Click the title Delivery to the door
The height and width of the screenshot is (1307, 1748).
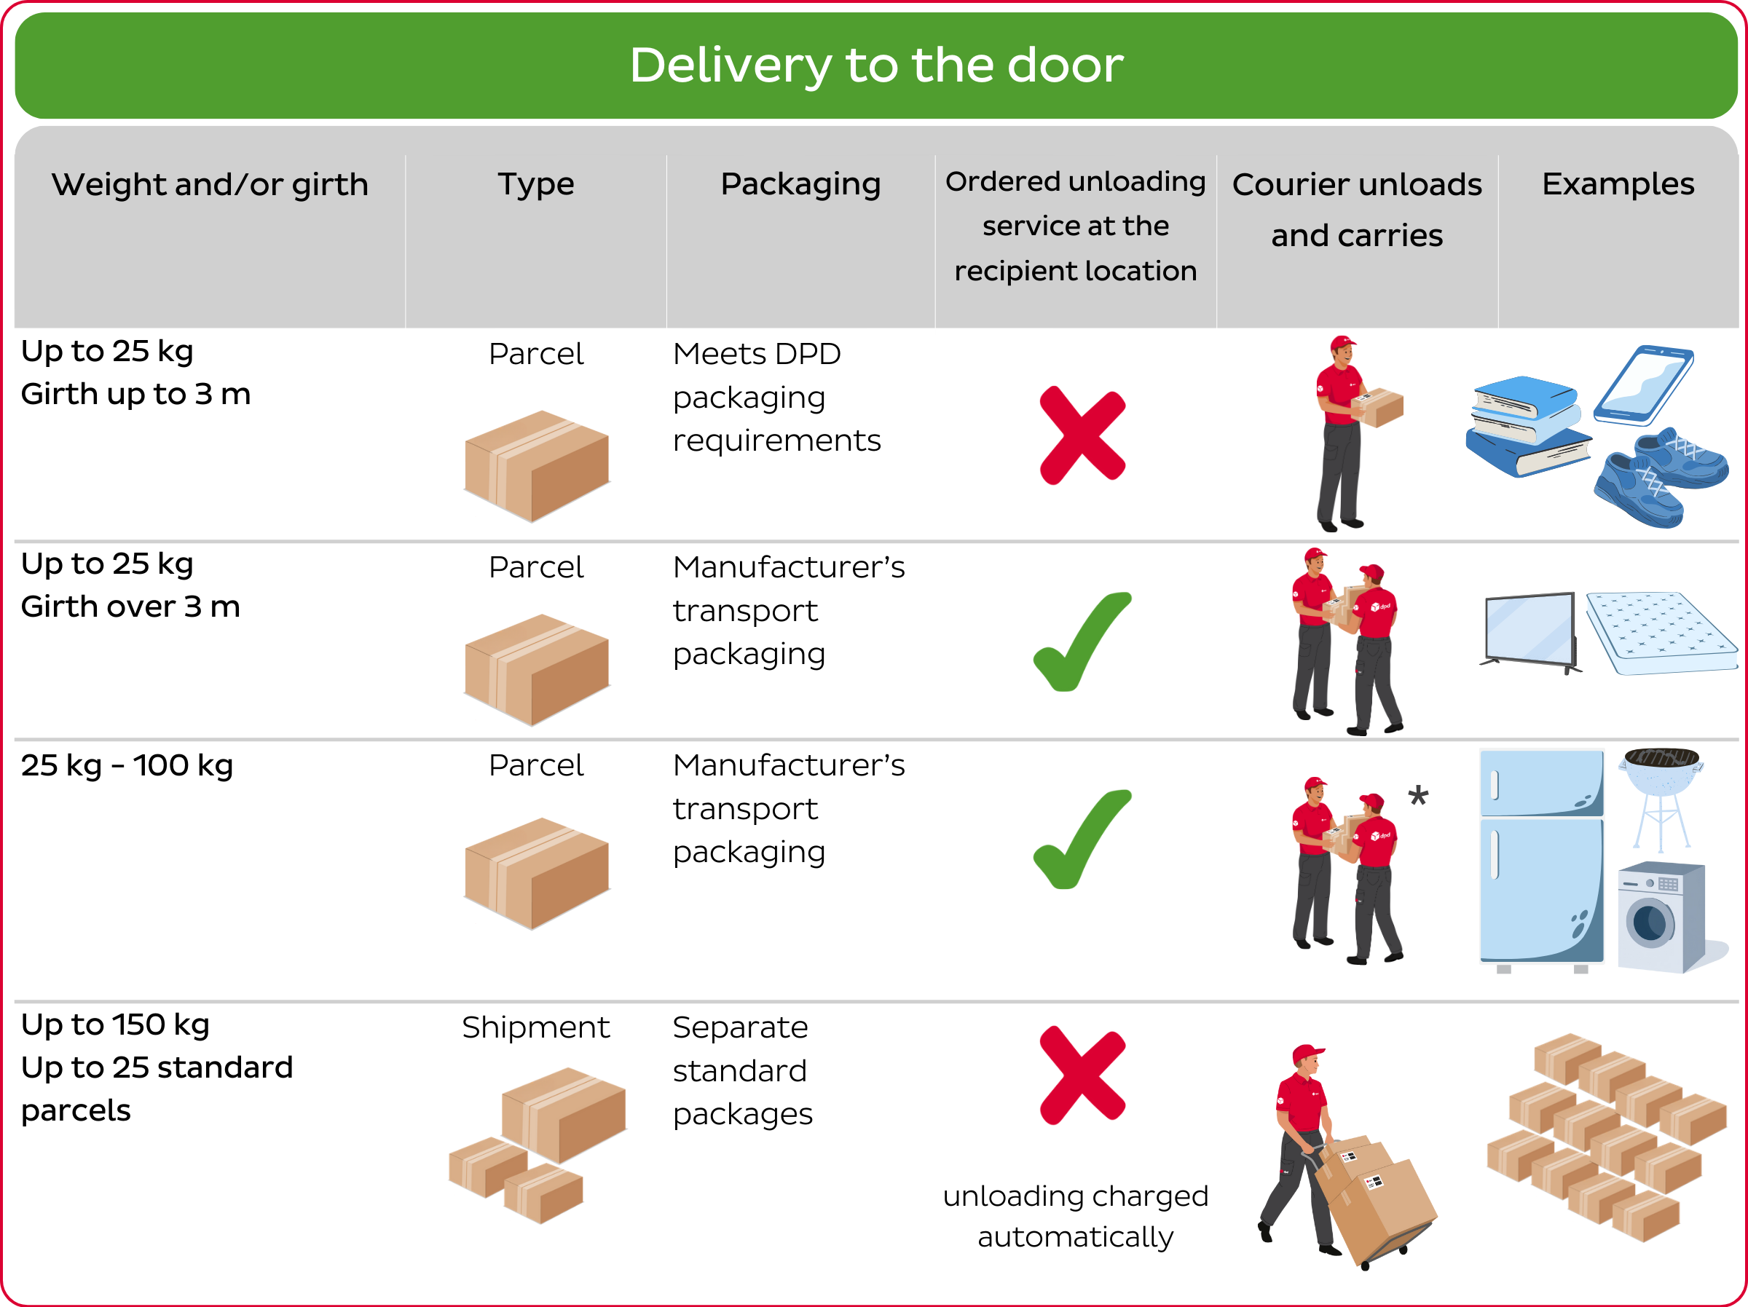pos(875,65)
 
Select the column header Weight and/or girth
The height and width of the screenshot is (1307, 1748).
pos(210,185)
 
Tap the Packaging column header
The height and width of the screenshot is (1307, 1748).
pos(800,184)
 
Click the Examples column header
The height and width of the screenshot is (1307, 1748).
pos(1617,184)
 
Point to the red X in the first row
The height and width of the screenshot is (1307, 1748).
pos(1082,435)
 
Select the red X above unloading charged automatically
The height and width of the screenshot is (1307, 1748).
pos(1082,1075)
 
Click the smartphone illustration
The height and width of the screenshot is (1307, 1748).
pos(1643,385)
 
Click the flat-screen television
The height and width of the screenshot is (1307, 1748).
pos(1530,631)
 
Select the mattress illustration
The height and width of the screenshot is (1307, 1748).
pos(1659,633)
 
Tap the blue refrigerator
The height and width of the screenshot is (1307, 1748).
pos(1540,860)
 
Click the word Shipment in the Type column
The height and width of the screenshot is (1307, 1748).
pos(535,1027)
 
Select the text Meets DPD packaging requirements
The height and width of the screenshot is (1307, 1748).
pos(775,398)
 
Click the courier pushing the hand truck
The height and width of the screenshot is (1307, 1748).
pos(1304,1146)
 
